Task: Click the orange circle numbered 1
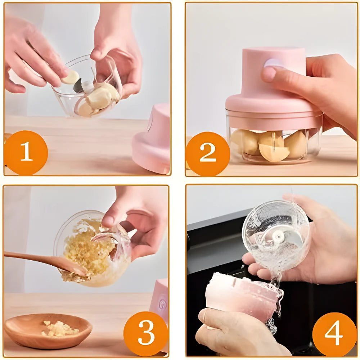26,153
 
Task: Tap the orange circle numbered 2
208,154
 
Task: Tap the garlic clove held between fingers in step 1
71,77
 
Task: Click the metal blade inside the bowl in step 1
78,86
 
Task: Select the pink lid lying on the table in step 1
153,140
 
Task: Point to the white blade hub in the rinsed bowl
278,237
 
